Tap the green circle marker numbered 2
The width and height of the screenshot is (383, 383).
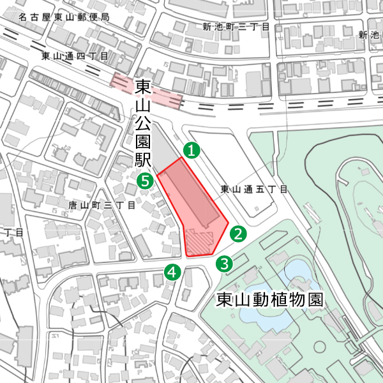point(238,234)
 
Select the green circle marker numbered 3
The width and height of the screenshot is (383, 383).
point(225,262)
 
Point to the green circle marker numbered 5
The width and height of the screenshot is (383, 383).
point(146,181)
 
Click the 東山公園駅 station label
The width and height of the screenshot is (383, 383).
point(142,124)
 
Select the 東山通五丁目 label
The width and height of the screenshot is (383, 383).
point(254,190)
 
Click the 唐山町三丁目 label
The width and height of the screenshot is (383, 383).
point(101,206)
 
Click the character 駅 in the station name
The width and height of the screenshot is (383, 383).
point(142,160)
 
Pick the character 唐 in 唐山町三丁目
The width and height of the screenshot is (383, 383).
point(72,206)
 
